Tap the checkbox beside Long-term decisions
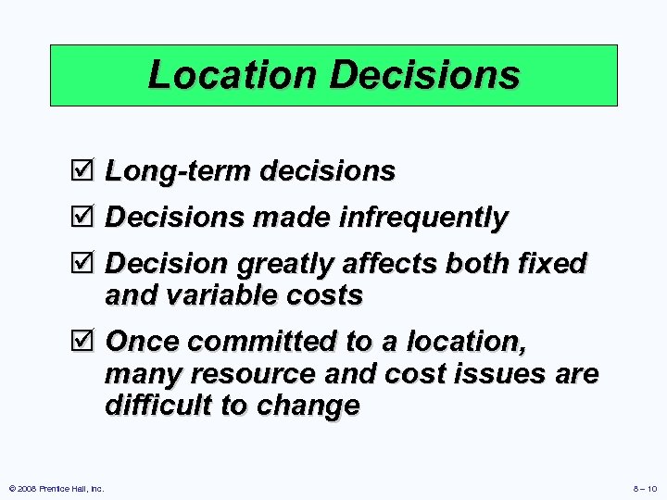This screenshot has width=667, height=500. tap(88, 170)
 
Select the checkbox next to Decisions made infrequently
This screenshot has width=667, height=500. tap(88, 218)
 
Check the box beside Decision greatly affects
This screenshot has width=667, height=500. tap(88, 264)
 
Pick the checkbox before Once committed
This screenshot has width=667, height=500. tap(88, 342)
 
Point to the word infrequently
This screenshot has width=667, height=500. tap(423, 219)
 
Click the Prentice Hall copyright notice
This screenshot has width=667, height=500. tap(57, 488)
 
